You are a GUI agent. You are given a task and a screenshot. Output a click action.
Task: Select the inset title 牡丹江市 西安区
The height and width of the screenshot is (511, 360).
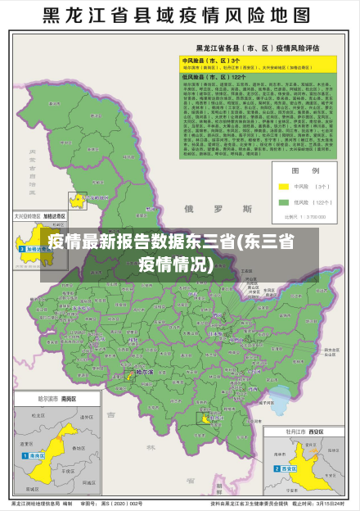302,431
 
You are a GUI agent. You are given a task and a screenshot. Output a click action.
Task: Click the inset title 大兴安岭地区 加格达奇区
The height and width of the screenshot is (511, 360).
39,218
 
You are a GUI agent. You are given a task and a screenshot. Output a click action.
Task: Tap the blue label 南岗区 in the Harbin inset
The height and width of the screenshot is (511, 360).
38,455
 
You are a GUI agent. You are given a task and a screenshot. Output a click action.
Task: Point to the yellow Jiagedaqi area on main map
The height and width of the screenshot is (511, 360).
78,200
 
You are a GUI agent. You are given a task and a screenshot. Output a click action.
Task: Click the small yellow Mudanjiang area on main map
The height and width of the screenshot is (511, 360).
201,418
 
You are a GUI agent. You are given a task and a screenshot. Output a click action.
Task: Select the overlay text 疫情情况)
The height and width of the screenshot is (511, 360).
177,264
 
